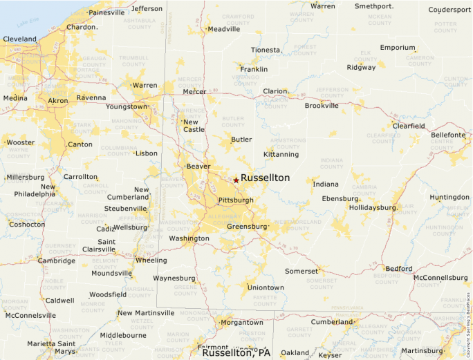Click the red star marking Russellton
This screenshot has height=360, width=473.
(x=236, y=180)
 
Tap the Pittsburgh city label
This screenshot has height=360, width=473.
(x=235, y=200)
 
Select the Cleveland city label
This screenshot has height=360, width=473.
(x=20, y=39)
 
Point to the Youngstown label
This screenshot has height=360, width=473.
(x=127, y=107)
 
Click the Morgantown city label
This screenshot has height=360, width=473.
(x=241, y=323)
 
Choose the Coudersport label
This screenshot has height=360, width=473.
(x=449, y=10)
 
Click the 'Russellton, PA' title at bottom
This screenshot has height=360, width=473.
(x=236, y=352)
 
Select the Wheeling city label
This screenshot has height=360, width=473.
(x=150, y=260)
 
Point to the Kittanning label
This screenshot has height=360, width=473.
(x=281, y=154)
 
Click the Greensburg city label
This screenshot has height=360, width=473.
(x=247, y=227)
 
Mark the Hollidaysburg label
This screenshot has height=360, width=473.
(x=373, y=207)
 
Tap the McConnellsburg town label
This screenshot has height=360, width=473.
(x=440, y=278)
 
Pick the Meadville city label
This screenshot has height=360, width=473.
(x=224, y=30)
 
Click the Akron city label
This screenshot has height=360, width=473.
(x=57, y=101)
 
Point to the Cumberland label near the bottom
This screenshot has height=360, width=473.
(x=332, y=322)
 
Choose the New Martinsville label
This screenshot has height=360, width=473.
(x=146, y=313)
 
